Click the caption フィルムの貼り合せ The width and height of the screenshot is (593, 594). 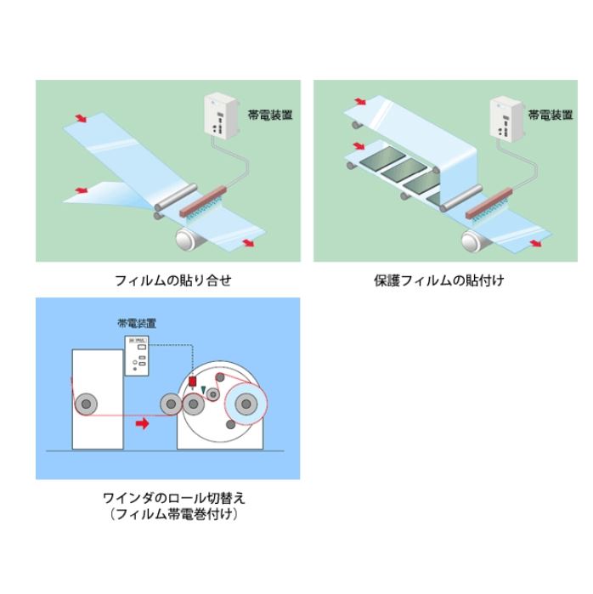172,280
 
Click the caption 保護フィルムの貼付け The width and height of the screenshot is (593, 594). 439,280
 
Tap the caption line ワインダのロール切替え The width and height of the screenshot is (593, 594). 174,498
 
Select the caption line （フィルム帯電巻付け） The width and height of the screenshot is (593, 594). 174,514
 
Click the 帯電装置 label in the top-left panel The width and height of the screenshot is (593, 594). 270,115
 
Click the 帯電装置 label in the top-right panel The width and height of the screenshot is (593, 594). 551,115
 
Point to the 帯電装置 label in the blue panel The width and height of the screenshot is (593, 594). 137,323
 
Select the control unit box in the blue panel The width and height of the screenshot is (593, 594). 137,356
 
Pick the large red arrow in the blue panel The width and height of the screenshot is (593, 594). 143,423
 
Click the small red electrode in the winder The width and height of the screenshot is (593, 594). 192,382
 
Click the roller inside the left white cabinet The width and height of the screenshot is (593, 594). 86,404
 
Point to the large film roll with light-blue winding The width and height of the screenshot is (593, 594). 246,404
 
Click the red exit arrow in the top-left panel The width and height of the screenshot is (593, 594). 248,243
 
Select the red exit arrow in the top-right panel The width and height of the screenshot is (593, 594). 535,243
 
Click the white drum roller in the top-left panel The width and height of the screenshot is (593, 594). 189,239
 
